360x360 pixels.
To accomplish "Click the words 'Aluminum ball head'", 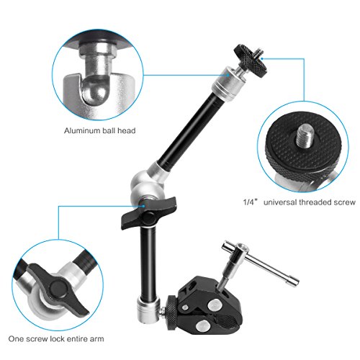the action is (x=99, y=131).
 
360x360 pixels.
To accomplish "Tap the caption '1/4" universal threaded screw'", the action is (x=299, y=202).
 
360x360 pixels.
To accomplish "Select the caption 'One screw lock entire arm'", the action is (x=56, y=339).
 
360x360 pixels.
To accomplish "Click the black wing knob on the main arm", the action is (x=148, y=213).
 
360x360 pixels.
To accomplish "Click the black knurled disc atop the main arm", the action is (x=251, y=60).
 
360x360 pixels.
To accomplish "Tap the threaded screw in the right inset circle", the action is (x=305, y=136).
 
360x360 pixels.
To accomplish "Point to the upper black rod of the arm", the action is (x=189, y=127).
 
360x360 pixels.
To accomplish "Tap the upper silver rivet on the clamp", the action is (x=214, y=305).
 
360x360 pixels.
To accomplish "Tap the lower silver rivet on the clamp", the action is (x=202, y=326).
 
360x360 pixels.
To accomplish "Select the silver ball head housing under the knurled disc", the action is (x=224, y=84).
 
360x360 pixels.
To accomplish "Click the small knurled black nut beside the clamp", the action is (x=172, y=309).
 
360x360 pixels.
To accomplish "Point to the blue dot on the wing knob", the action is (x=143, y=206).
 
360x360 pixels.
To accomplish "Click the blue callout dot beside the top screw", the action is (x=262, y=58).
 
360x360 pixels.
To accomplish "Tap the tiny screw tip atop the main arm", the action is (x=254, y=50).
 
